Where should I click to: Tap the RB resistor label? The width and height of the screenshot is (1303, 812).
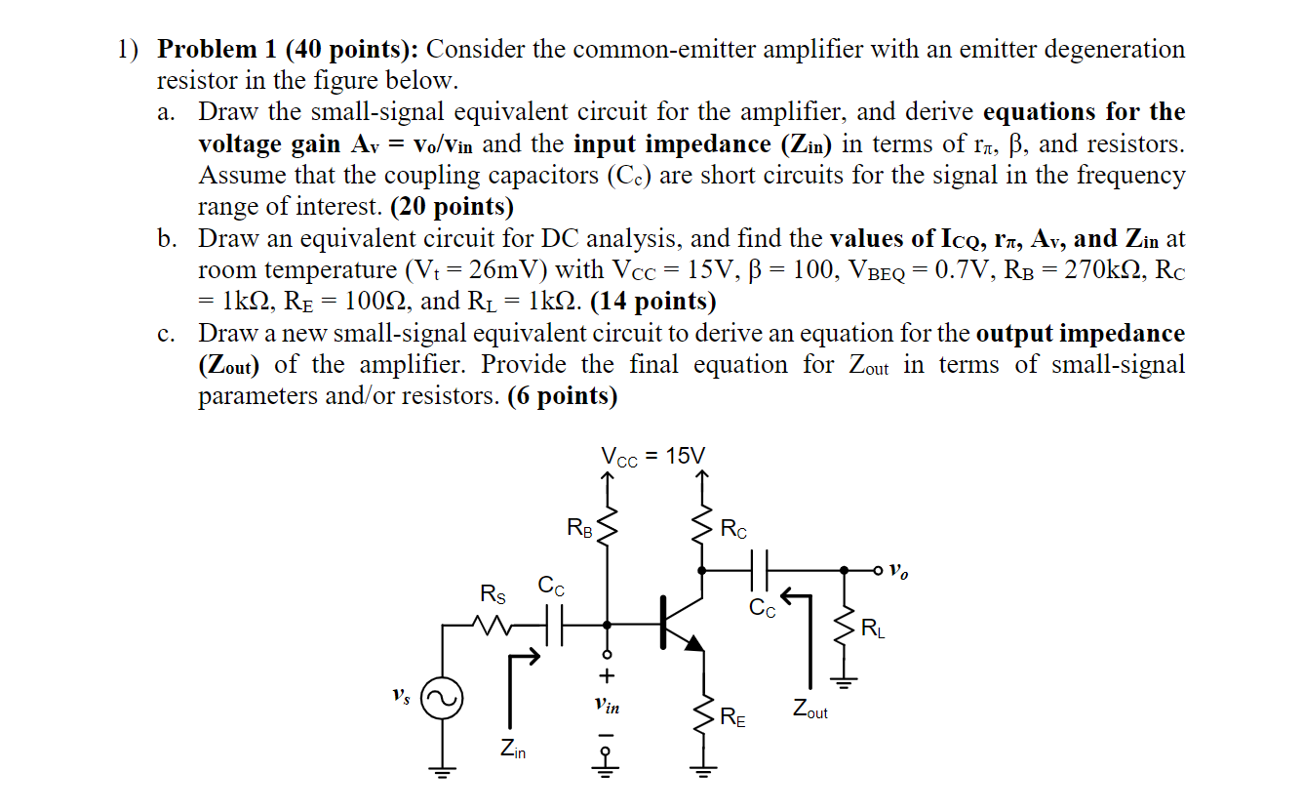[x=579, y=529]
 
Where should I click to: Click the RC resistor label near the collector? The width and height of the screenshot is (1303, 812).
[x=734, y=530]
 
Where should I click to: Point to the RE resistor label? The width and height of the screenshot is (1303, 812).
[x=732, y=720]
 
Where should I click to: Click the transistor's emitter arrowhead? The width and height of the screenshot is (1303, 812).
[x=692, y=642]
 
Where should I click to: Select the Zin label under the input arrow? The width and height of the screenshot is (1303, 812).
[x=512, y=750]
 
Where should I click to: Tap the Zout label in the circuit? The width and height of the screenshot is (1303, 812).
[x=809, y=710]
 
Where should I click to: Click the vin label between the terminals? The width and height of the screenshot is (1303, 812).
[x=607, y=703]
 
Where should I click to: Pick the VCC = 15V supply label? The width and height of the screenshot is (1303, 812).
[x=652, y=456]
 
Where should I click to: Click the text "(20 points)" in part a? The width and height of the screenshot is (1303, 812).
[x=451, y=207]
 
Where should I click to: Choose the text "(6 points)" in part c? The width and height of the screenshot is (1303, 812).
[x=563, y=396]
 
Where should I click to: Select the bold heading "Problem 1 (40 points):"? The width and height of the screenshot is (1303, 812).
[x=289, y=49]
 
